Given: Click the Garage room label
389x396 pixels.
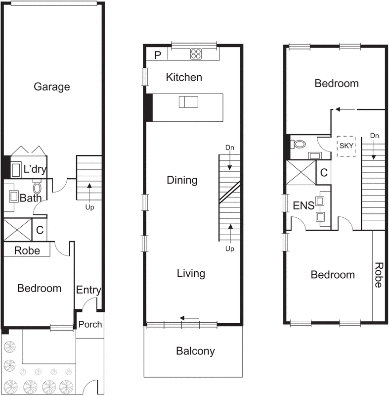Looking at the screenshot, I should coord(52,87).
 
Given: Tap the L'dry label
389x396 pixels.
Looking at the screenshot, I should coord(35,170).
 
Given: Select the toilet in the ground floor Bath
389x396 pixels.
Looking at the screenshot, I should coord(38,189).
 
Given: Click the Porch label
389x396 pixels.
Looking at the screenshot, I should coord(90,325).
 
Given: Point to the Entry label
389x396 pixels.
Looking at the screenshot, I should coord(88,290).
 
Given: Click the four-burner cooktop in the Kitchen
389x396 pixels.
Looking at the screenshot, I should coord(196,53).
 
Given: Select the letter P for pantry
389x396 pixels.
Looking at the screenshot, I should coord(158,54).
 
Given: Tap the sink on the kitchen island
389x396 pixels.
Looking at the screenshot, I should coord(188,102).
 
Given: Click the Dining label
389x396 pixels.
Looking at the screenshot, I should coord(182,180).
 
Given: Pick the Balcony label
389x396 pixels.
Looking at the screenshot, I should coord(195,351).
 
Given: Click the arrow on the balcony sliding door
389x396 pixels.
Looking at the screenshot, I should coord(189,318).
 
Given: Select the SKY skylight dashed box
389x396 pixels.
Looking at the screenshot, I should coord(346,147).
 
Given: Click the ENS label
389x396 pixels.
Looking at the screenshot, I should coord(303,205).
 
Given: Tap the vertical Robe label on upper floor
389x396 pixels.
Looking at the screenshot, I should coord(379,275).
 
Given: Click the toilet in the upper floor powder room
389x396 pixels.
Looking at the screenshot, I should coord(298,145).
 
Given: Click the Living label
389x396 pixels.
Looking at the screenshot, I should coord(191,273).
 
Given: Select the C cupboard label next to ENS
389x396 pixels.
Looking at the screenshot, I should coord(324,173).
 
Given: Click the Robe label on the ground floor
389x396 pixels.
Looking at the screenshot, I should coord(27,251).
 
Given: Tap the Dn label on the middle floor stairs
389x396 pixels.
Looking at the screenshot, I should coord(229,148).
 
